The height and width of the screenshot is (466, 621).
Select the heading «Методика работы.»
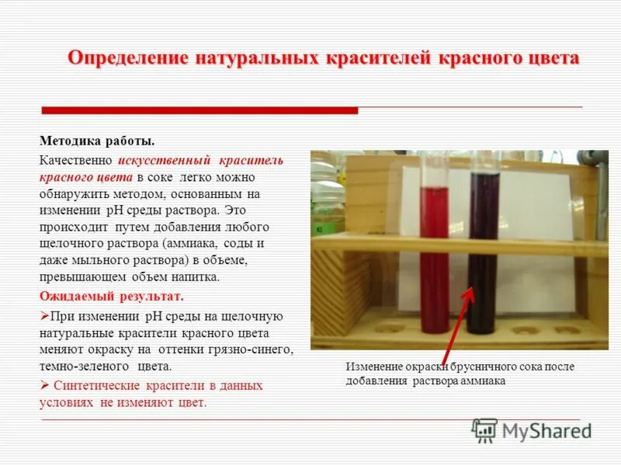coord(97,141)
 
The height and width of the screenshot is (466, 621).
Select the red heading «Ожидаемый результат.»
coord(111,297)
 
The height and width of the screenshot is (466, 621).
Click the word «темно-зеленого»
coord(85,366)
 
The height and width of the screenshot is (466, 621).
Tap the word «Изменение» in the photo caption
coord(373,367)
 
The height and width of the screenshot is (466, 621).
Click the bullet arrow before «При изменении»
coord(44,317)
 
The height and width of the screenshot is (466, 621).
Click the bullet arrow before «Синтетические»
coord(44,386)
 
